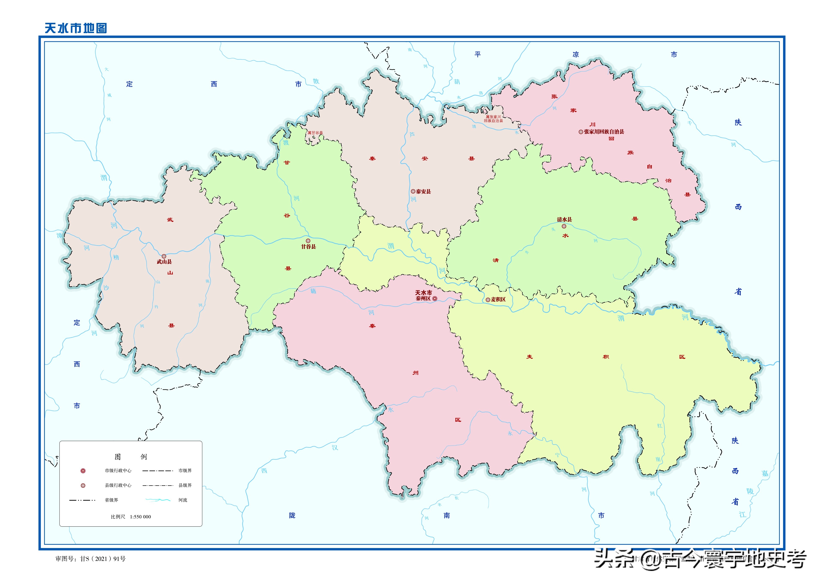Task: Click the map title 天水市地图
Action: pyautogui.click(x=76, y=28)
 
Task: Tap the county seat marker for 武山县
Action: pyautogui.click(x=164, y=256)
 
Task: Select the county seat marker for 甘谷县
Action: pyautogui.click(x=308, y=241)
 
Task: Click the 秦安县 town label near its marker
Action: pyautogui.click(x=423, y=192)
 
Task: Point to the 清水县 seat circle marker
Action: pyautogui.click(x=563, y=226)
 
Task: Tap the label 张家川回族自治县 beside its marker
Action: pyautogui.click(x=604, y=132)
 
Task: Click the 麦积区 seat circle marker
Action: pyautogui.click(x=488, y=299)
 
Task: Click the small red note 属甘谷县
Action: pyautogui.click(x=315, y=133)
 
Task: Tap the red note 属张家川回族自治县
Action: pyautogui.click(x=493, y=119)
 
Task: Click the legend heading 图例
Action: pyautogui.click(x=131, y=457)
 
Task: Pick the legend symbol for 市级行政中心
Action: pyautogui.click(x=83, y=471)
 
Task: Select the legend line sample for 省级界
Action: pyautogui.click(x=82, y=500)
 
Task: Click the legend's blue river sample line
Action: pyautogui.click(x=158, y=500)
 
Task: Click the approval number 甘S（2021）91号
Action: pyautogui.click(x=103, y=559)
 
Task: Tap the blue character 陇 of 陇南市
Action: pyautogui.click(x=292, y=515)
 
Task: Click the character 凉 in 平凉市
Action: pyautogui.click(x=575, y=55)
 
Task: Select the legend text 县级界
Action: pyautogui.click(x=185, y=485)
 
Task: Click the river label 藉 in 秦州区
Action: pyautogui.click(x=313, y=291)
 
